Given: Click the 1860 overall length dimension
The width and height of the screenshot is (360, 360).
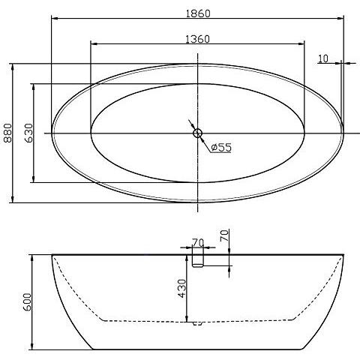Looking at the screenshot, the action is click(198, 13).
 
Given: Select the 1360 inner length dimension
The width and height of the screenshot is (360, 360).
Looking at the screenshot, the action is click(197, 39).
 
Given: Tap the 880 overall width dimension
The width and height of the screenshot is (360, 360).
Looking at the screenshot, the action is click(8, 133).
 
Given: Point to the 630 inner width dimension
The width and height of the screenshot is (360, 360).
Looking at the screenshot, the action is click(28, 133).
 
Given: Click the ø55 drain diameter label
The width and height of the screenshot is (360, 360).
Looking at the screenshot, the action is click(221, 147).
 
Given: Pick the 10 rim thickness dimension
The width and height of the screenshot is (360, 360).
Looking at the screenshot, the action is click(323, 58).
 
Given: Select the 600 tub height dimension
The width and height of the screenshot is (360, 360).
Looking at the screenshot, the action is click(27, 302).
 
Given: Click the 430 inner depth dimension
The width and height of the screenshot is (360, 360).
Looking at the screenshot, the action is click(181, 289).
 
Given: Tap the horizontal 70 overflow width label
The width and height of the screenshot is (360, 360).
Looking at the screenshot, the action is click(198, 242).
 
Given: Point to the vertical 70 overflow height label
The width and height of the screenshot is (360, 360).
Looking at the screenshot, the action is click(224, 235).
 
